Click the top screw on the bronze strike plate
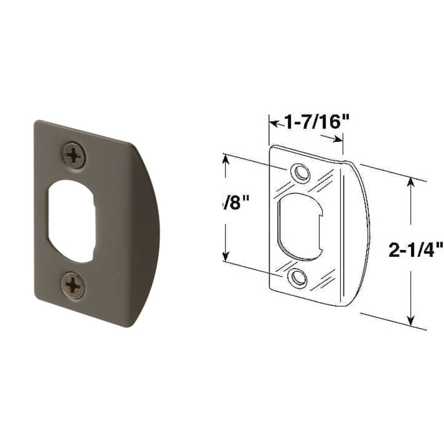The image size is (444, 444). pos(74,155)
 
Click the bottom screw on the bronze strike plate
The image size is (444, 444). pos(73,286)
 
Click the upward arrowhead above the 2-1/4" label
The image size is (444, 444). pos(410,183)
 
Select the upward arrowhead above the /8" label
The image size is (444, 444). pos(226,161)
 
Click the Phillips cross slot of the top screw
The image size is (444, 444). pos(74,155)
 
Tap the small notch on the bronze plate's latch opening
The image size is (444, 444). pos(94,203)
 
